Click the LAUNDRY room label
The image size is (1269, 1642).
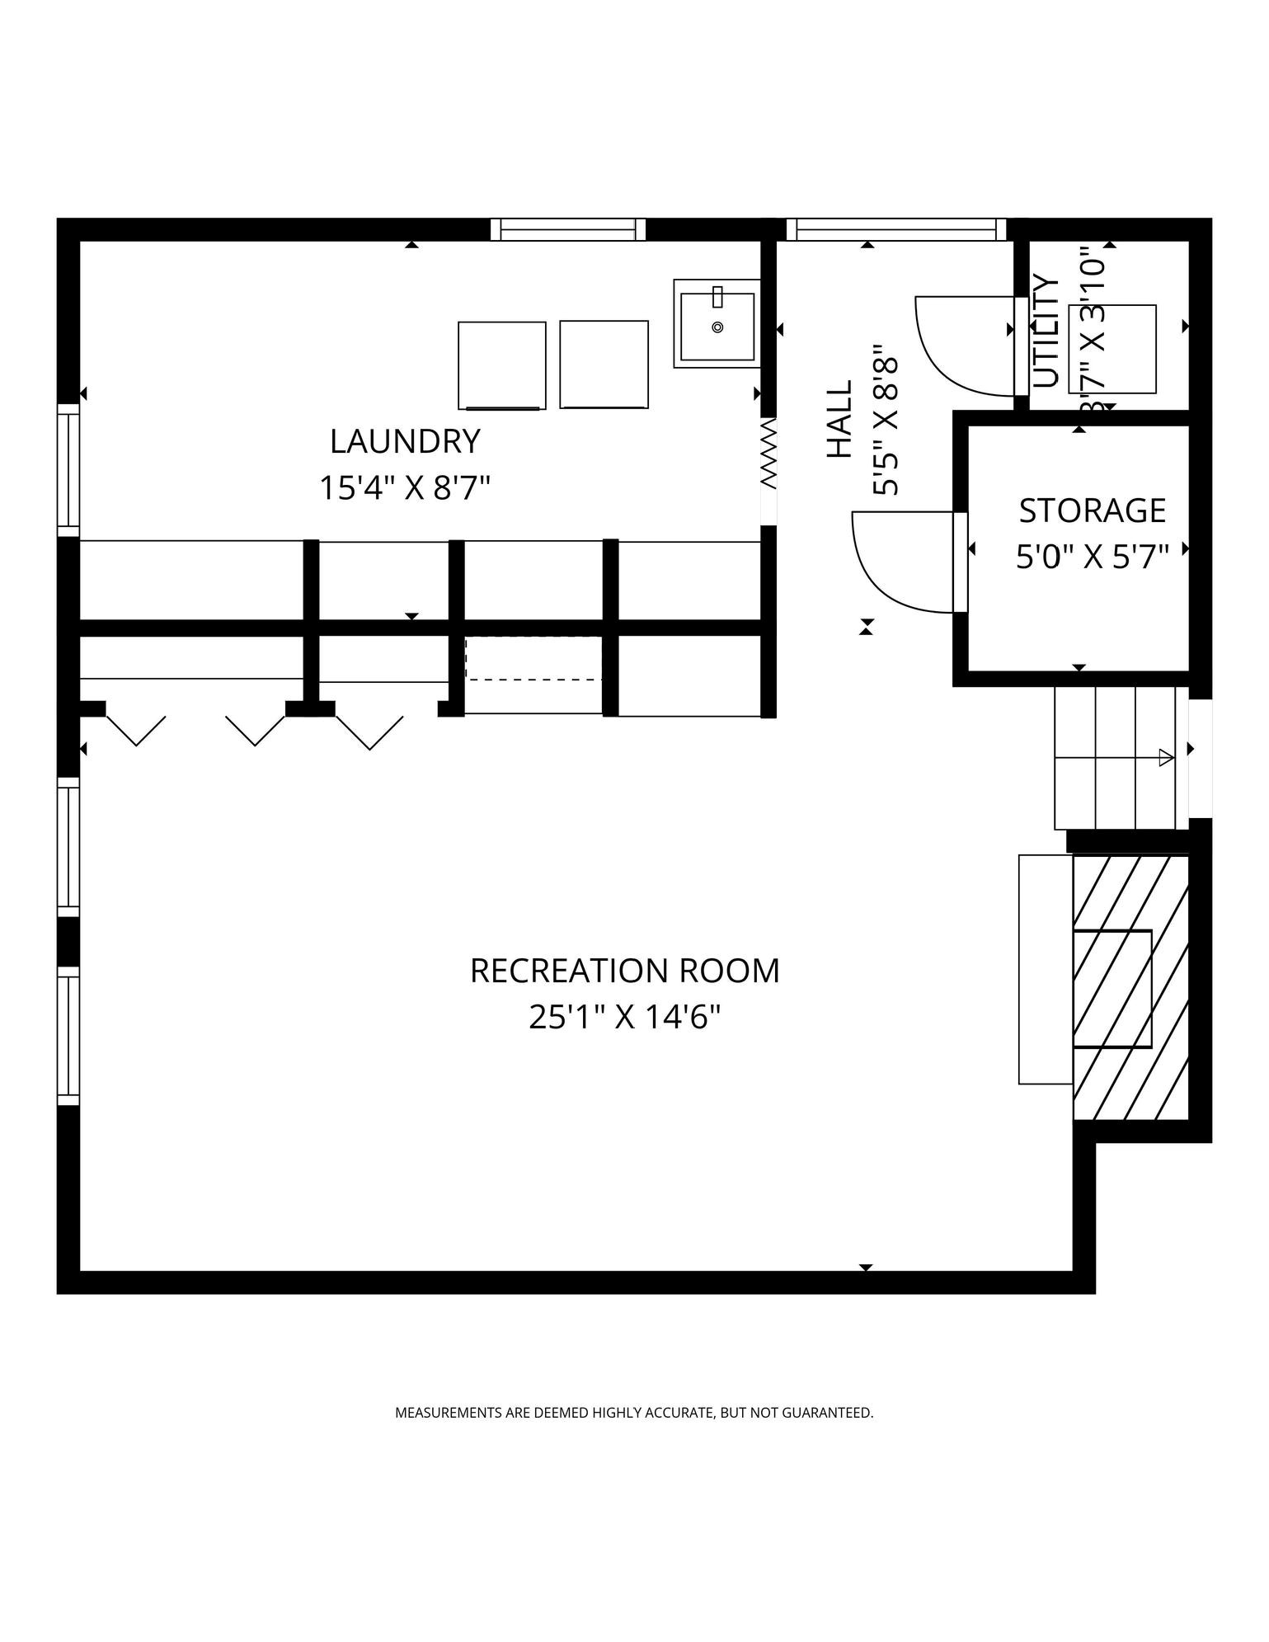405,441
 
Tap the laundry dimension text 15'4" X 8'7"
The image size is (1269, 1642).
405,487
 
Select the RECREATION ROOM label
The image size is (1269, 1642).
625,971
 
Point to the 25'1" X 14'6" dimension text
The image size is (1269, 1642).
625,1017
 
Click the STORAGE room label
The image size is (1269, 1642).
1093,510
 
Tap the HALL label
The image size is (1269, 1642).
839,419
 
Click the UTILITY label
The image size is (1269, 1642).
1046,331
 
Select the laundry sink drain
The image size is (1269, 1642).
717,327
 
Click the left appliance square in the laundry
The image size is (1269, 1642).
502,365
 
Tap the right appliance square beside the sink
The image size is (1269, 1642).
604,365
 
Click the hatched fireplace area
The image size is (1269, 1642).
1130,988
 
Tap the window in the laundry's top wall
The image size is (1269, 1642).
568,229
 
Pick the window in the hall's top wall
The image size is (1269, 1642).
896,229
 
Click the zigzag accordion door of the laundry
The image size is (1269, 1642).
768,453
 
